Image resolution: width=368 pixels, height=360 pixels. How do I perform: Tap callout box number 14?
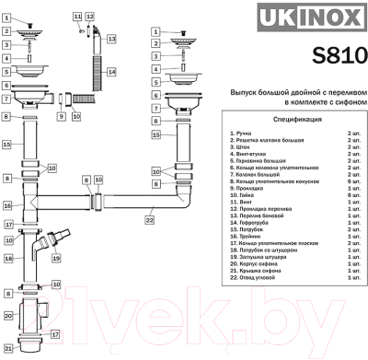coord(110,72)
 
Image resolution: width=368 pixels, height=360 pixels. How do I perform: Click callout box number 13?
coord(110,41)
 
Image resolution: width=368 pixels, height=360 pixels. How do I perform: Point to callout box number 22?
coord(149,219)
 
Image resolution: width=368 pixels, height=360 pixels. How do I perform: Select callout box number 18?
coord(6,259)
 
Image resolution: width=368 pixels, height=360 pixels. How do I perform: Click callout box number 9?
coord(61,116)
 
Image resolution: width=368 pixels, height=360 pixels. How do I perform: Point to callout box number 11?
coord(75,17)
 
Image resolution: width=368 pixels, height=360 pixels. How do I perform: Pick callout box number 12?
coord(89,17)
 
